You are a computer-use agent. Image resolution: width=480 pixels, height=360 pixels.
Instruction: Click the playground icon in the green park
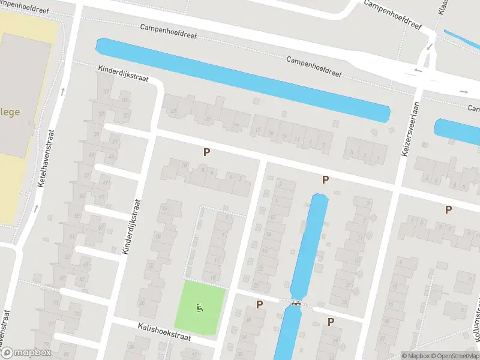tap(199, 308)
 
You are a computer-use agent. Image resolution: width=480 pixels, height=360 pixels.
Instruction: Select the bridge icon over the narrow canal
tap(295, 303)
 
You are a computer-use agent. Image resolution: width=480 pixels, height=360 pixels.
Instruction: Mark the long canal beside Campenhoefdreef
tap(240, 78)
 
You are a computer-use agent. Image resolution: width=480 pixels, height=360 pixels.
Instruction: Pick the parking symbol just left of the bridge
tap(259, 304)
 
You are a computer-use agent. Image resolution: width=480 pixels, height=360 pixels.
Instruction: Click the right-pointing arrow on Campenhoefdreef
tap(464, 91)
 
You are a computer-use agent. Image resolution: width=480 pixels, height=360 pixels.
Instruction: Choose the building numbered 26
tap(142, 302)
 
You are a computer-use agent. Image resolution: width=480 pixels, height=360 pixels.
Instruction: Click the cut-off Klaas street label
tap(443, 7)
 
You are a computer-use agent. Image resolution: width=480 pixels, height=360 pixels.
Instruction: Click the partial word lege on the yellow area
tap(10, 112)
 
